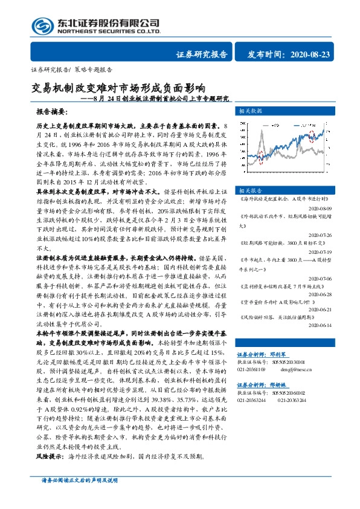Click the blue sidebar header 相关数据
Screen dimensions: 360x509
[x=250, y=111]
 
